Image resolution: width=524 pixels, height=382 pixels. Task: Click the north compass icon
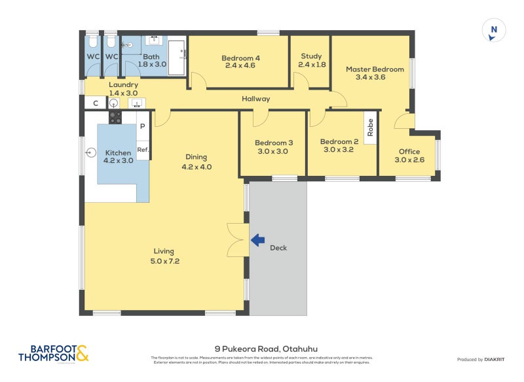coord(495,31)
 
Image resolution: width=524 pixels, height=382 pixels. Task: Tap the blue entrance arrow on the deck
coord(257,240)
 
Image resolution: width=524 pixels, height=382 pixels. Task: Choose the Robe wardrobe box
coord(371,126)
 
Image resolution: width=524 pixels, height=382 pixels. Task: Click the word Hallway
coord(255,99)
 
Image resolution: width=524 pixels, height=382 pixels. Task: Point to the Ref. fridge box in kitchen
coord(143,150)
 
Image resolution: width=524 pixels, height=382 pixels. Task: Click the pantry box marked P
coord(142,125)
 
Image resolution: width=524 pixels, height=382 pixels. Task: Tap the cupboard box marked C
coord(96,103)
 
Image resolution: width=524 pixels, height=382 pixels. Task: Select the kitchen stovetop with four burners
coord(115,117)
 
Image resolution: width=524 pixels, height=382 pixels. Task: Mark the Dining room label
coord(196,157)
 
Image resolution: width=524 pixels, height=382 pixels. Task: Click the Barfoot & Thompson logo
coord(53,353)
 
